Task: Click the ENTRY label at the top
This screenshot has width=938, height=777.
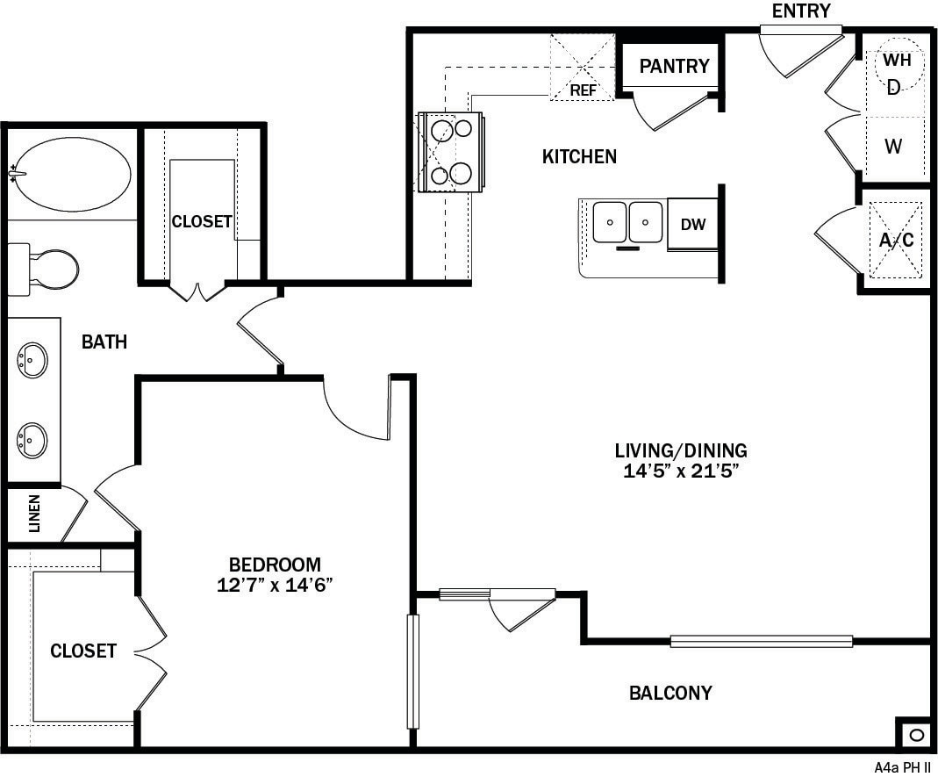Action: [x=800, y=11]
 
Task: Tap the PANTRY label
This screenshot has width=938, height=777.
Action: [x=674, y=66]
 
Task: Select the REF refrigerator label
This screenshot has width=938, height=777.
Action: [x=583, y=90]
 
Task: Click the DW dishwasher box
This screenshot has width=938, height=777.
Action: [x=693, y=225]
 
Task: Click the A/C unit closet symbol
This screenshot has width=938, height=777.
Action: [x=896, y=240]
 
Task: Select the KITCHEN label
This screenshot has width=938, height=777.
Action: [x=579, y=157]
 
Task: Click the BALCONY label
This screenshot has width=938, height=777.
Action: [x=670, y=694]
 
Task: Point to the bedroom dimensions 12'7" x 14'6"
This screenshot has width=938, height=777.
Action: [x=275, y=586]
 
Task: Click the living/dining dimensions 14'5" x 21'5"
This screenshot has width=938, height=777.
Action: [x=681, y=471]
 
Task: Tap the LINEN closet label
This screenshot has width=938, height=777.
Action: [x=35, y=514]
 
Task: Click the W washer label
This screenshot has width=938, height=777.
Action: [x=893, y=147]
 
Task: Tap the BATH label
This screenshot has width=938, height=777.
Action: [x=104, y=342]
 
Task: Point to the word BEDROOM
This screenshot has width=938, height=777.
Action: [x=275, y=565]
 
